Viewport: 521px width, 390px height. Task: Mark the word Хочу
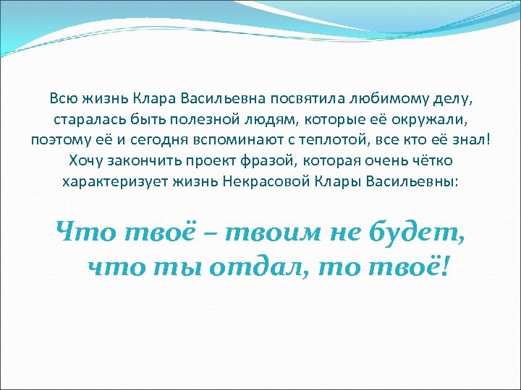tap(86, 160)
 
